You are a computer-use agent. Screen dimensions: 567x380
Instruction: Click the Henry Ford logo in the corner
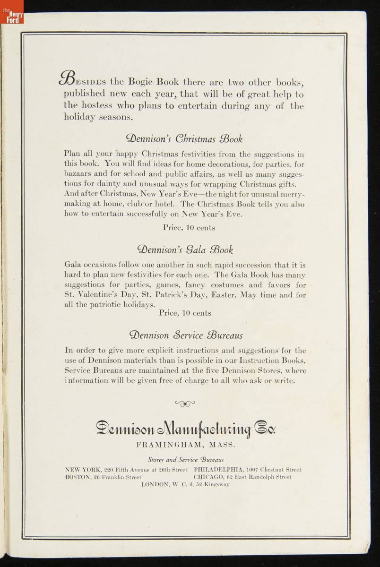point(11,11)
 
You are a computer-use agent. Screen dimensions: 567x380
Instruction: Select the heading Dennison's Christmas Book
point(184,138)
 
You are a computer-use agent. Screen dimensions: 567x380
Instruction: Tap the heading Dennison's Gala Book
point(185,249)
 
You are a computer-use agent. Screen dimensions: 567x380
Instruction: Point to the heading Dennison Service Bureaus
point(186,335)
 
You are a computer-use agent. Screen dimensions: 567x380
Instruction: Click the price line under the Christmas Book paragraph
point(189,228)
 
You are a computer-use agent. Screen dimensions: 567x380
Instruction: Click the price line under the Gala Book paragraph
point(185,313)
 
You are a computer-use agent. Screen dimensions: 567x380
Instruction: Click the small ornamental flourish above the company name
point(185,403)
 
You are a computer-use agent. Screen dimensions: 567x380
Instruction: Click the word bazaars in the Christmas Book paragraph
point(78,174)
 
